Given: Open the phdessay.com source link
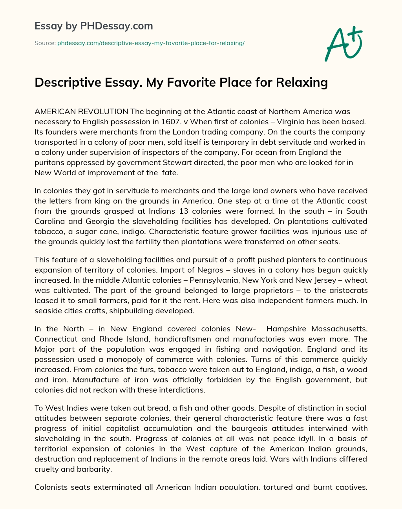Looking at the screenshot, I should [151, 43].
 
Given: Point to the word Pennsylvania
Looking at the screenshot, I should [213, 280].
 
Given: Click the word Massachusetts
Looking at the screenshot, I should [338, 329].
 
